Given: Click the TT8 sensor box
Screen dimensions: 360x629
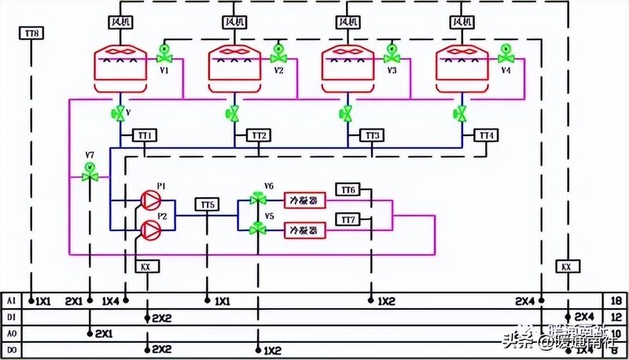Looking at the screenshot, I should (31, 33).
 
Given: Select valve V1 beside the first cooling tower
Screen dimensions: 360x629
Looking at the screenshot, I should (164, 57).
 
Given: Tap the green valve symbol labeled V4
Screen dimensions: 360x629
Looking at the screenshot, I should (506, 57).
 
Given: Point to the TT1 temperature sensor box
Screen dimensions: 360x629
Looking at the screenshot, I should (145, 135).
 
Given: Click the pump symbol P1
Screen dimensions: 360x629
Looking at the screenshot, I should (149, 200).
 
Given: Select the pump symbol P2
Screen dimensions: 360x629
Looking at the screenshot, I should (149, 228).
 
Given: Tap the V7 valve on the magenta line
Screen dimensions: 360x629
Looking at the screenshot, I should (90, 175).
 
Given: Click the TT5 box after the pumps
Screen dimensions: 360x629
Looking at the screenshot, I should (207, 204).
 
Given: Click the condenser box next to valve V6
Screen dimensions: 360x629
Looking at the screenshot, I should (303, 200).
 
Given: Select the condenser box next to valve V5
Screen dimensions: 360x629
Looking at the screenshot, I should (303, 230).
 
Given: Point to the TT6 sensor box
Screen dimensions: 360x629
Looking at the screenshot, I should (348, 189).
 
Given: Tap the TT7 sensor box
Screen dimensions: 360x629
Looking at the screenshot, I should (348, 218).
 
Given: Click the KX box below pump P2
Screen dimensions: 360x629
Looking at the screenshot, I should (145, 266).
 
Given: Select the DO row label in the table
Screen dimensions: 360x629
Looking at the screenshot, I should (10, 349).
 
